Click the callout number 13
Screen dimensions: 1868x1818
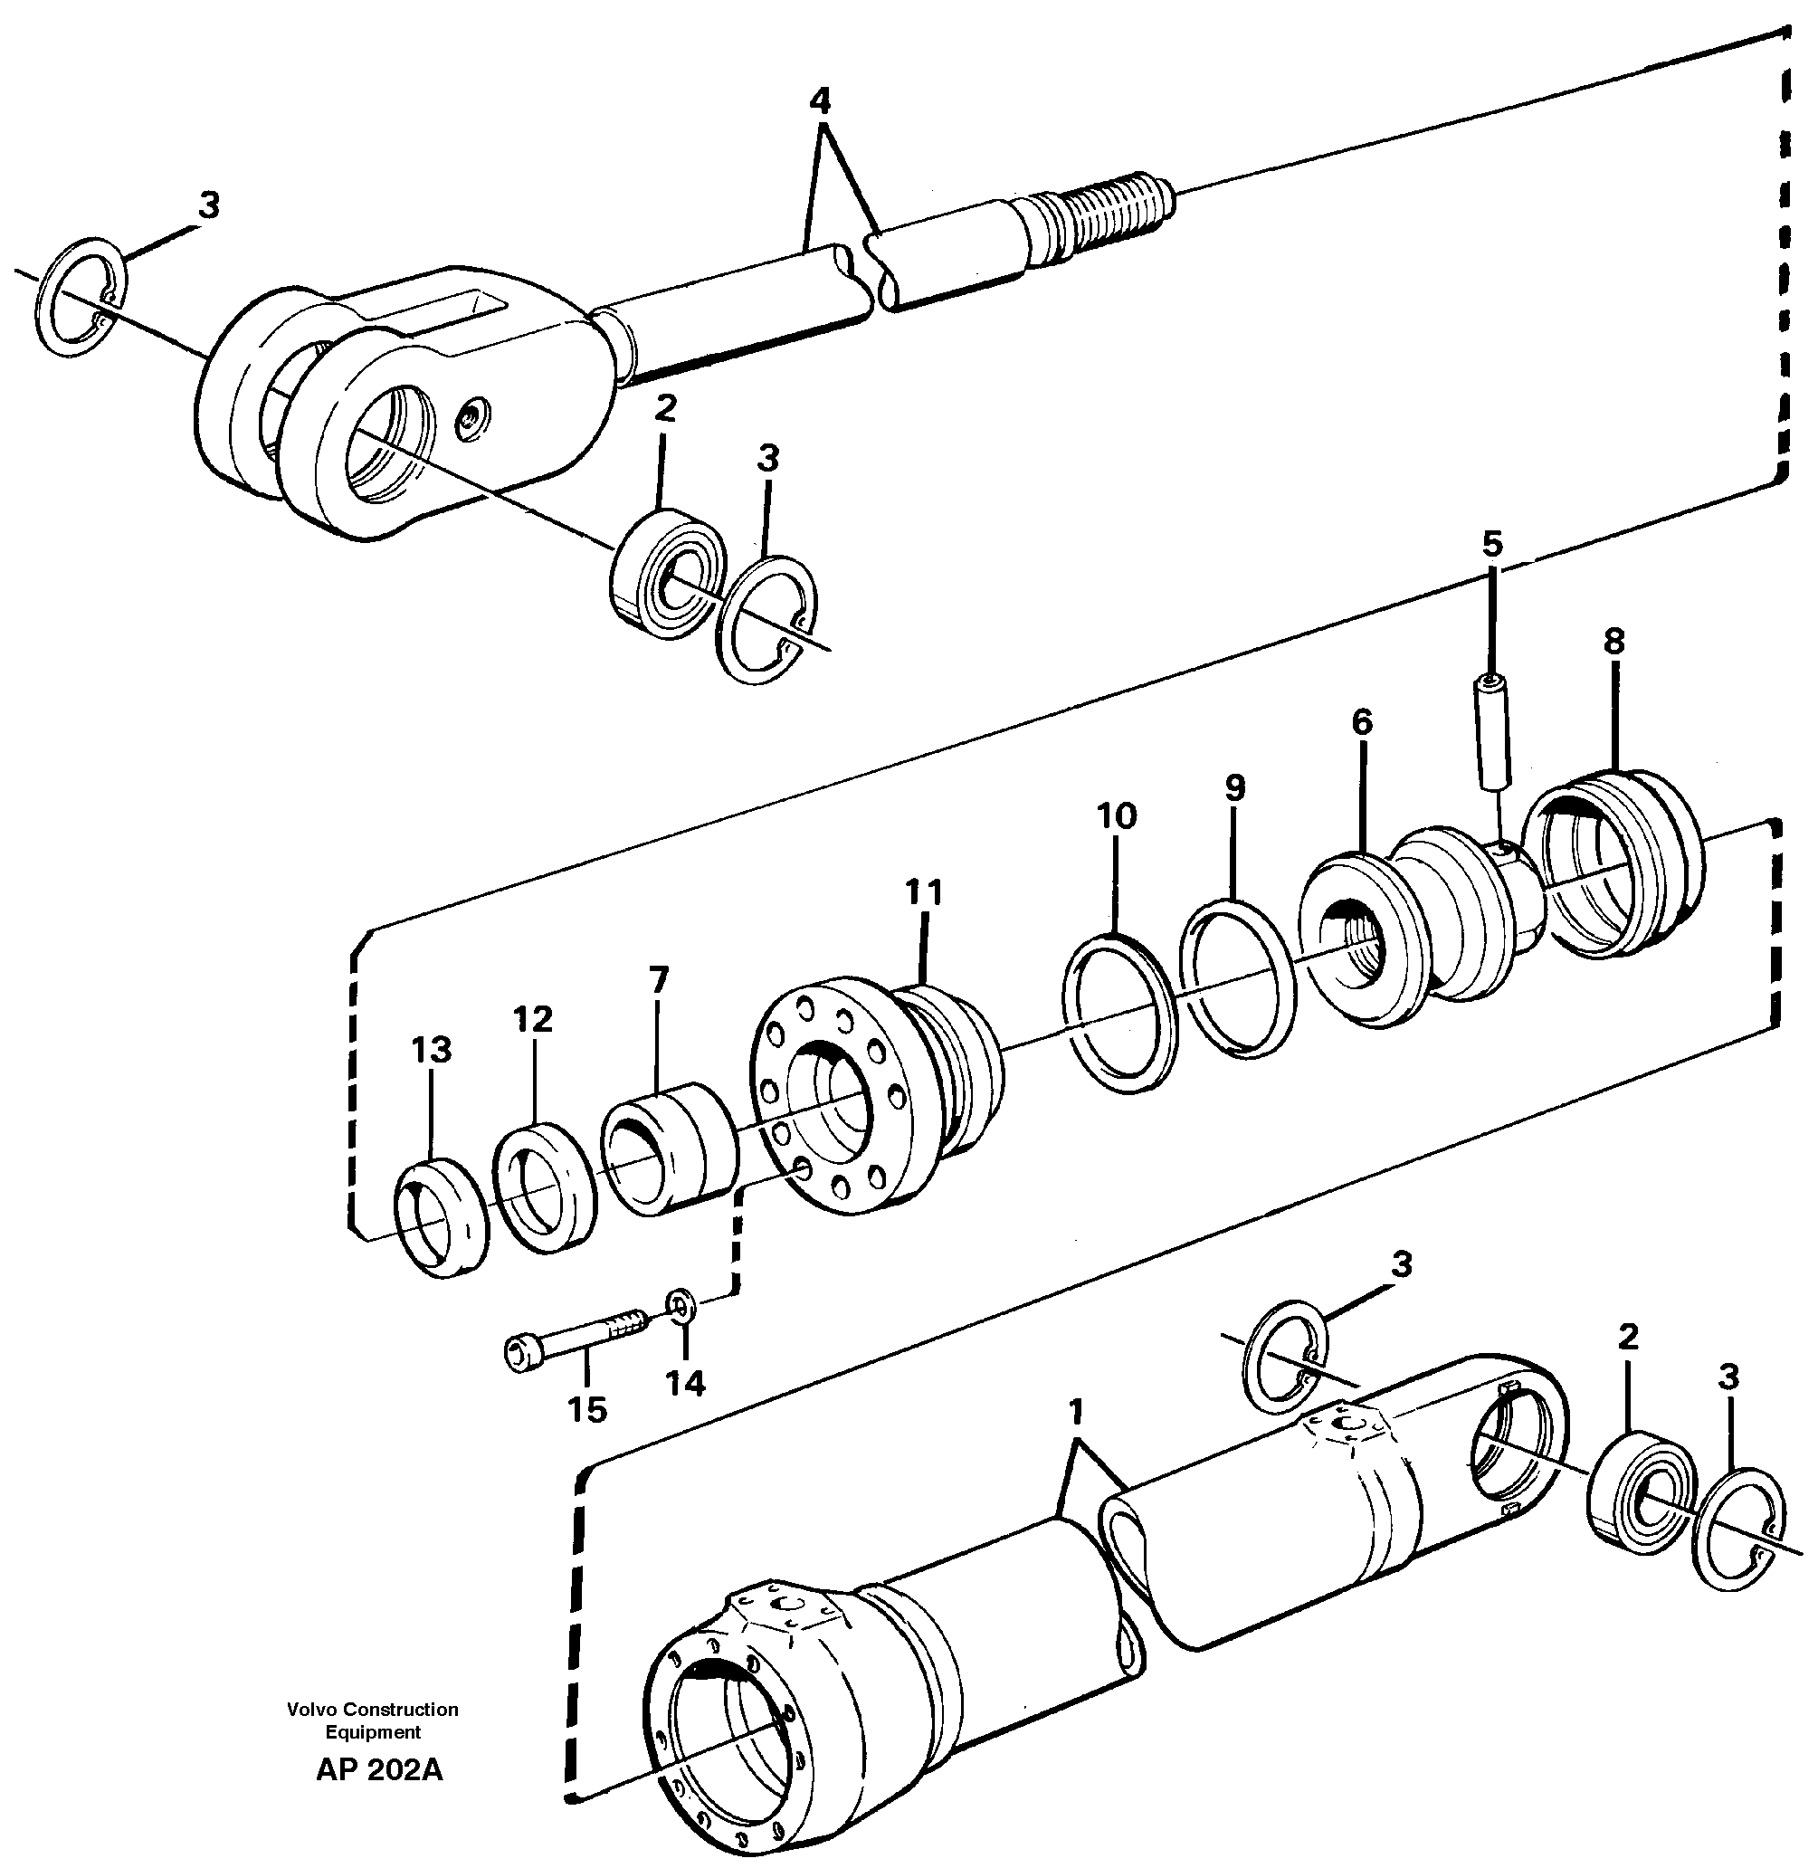pyautogui.click(x=431, y=1051)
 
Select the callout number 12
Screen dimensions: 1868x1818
pyautogui.click(x=533, y=1020)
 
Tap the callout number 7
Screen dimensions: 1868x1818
pyautogui.click(x=658, y=980)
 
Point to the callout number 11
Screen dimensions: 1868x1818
pyautogui.click(x=923, y=892)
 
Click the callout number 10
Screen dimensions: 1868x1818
pyautogui.click(x=1116, y=815)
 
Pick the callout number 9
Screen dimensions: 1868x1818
pyautogui.click(x=1234, y=788)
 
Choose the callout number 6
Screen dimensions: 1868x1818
pyautogui.click(x=1362, y=722)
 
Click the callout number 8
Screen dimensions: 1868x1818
pyautogui.click(x=1613, y=642)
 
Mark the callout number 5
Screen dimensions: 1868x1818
pyautogui.click(x=1491, y=543)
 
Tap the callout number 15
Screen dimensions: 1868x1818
pyautogui.click(x=587, y=1408)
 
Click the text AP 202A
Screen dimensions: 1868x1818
pyautogui.click(x=379, y=1769)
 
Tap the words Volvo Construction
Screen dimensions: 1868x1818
pyautogui.click(x=373, y=1710)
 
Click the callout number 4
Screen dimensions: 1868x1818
pyautogui.click(x=819, y=100)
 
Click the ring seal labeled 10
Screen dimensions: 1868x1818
pyautogui.click(x=1119, y=1015)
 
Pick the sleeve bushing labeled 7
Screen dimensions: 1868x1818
pyautogui.click(x=669, y=1146)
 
